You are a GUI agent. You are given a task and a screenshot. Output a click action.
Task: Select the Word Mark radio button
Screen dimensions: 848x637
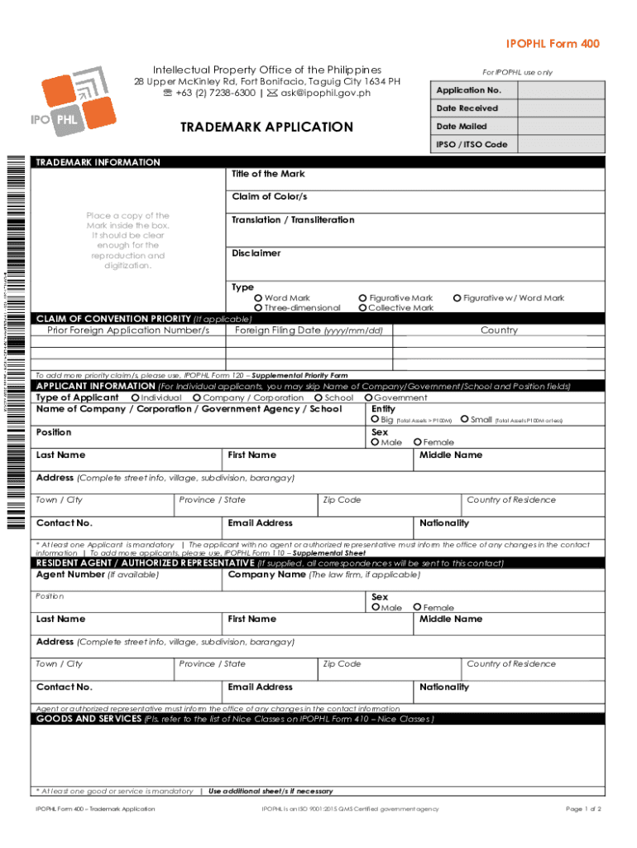(259, 298)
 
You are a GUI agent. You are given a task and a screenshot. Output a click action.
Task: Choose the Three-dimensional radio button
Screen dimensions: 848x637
(259, 308)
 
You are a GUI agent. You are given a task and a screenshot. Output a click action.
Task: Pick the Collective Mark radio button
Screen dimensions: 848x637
(362, 308)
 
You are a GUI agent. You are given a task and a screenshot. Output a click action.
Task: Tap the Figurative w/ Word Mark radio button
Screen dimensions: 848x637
(457, 298)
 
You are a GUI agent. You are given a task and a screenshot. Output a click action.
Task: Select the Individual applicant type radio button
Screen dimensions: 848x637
(135, 397)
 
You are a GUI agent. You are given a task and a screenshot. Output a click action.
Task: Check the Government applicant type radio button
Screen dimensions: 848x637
(368, 397)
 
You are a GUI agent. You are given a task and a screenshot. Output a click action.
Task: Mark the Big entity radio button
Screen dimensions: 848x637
(375, 420)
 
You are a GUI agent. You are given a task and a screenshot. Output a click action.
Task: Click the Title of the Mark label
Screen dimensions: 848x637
(268, 174)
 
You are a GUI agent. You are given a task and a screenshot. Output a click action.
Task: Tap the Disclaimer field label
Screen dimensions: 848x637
(256, 253)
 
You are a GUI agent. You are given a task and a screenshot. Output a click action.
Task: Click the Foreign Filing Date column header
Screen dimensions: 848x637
(309, 330)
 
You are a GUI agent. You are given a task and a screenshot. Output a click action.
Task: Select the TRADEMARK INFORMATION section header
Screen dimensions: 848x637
(98, 162)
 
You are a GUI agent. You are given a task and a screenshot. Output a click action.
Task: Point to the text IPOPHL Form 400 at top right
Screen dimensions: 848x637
(553, 44)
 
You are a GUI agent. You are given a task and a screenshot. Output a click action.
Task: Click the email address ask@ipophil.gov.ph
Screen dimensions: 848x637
(326, 93)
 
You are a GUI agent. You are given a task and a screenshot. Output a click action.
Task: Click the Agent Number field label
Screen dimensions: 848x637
(70, 575)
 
